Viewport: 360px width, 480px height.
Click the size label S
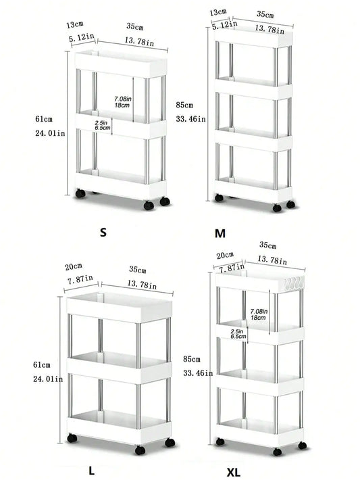103,233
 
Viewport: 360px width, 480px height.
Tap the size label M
220,234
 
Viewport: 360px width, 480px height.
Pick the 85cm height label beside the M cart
184,105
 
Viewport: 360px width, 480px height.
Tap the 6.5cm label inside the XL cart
238,335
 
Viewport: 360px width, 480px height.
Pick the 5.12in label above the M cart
224,25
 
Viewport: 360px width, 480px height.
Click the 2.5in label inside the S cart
103,122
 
